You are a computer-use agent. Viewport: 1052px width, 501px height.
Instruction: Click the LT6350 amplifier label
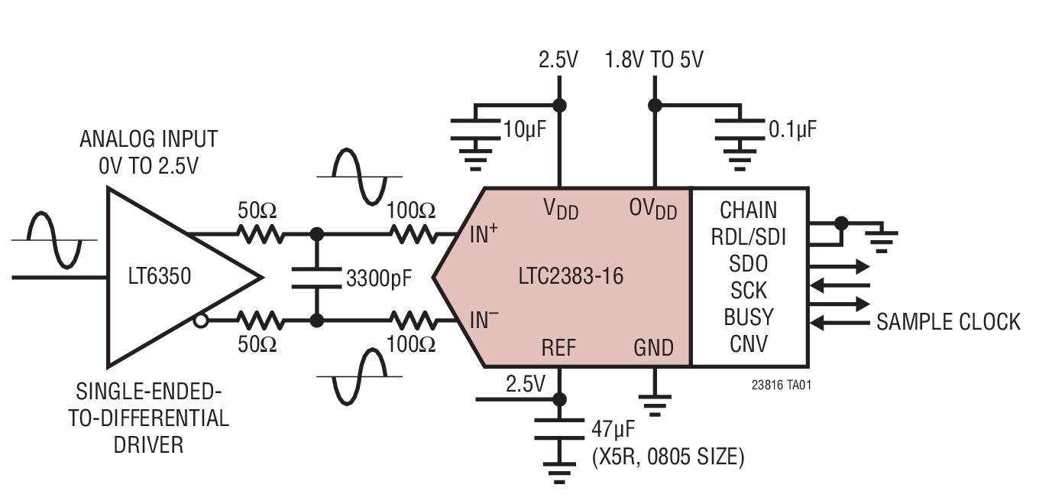[160, 276]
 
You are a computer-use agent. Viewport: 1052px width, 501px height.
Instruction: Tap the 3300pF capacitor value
[379, 278]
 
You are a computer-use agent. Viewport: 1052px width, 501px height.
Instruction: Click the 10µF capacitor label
[524, 129]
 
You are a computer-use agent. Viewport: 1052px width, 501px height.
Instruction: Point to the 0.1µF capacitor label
[792, 129]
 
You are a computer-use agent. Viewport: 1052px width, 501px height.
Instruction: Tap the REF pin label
[558, 348]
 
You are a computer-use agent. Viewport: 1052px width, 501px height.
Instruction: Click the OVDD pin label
[653, 208]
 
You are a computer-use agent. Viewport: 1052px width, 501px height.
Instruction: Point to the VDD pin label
[561, 208]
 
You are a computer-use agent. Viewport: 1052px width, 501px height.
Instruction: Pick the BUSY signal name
[749, 317]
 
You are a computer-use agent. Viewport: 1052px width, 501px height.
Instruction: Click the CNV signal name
[749, 343]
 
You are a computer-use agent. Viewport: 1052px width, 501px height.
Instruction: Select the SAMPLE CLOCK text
[948, 322]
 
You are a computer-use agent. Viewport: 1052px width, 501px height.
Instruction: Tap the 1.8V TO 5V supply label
[654, 60]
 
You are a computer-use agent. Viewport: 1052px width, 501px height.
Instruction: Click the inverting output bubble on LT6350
[200, 321]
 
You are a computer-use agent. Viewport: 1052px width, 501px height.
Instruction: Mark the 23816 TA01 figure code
[781, 386]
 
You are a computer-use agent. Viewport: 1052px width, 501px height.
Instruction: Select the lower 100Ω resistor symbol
[412, 320]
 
